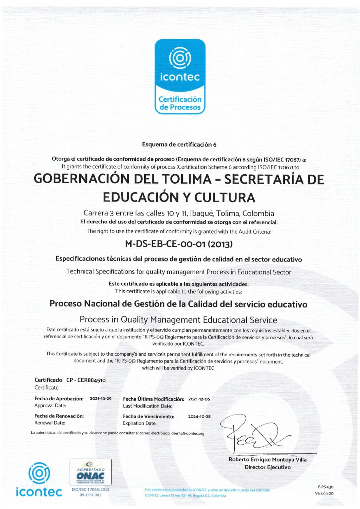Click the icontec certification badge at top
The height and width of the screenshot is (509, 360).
click(x=180, y=77)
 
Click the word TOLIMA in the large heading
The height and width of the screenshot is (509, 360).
click(x=187, y=179)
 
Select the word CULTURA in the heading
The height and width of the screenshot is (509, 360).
click(x=224, y=198)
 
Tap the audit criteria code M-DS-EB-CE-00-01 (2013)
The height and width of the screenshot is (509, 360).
click(x=179, y=244)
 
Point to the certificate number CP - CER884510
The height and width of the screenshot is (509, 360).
click(x=86, y=380)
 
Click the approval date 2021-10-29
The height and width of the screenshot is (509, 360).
click(x=100, y=399)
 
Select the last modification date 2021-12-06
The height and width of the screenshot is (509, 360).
click(x=199, y=399)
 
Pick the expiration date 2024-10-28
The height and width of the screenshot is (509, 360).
click(x=199, y=417)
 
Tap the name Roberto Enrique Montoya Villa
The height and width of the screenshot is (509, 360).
click(x=268, y=460)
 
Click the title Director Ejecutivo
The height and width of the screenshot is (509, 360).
click(x=268, y=467)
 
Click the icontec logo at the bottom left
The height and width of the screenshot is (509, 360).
click(x=39, y=480)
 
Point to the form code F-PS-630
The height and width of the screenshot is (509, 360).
click(x=325, y=487)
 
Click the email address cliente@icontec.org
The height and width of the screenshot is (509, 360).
click(x=188, y=433)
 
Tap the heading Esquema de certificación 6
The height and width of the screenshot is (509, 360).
click(x=179, y=144)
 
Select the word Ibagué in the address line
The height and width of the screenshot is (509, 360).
click(x=201, y=213)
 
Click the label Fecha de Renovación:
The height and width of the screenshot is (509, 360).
click(x=59, y=416)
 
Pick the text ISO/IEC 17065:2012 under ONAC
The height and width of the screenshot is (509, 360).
click(x=90, y=489)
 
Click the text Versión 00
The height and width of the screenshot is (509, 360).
click(x=324, y=493)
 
